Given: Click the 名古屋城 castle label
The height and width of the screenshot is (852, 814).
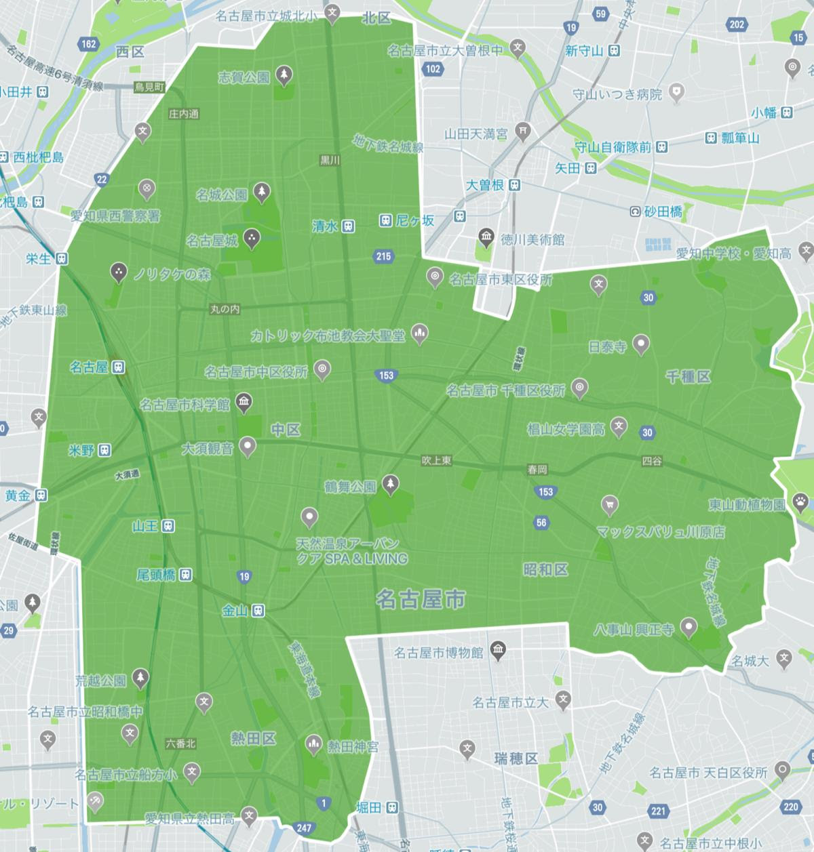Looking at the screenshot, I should pos(212,240).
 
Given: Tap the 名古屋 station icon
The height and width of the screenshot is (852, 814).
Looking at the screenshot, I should pos(119,367).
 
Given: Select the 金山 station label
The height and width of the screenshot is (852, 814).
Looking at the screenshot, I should pos(235,611).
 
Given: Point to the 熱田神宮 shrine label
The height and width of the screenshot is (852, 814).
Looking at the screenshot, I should pos(353,746).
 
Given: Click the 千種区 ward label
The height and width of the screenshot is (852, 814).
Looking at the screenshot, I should pos(688,377).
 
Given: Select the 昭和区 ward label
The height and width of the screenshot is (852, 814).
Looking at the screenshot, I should pos(545,569).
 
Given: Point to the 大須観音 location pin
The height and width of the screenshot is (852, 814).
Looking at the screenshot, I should pos(249,447).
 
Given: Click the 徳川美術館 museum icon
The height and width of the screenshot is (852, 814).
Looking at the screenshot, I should pos(486,237).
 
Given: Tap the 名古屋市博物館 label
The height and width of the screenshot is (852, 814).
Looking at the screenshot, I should pos(438,653).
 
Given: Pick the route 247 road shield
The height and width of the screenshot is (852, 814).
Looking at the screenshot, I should pos(304,827).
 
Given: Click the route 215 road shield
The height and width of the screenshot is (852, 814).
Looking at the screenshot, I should pos(383,256).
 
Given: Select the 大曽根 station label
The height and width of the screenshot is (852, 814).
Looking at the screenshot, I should pos(484,184).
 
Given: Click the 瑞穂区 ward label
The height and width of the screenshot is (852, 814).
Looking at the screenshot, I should pos(516,757).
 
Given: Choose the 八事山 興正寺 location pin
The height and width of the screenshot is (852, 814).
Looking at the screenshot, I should pos(689,627).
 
